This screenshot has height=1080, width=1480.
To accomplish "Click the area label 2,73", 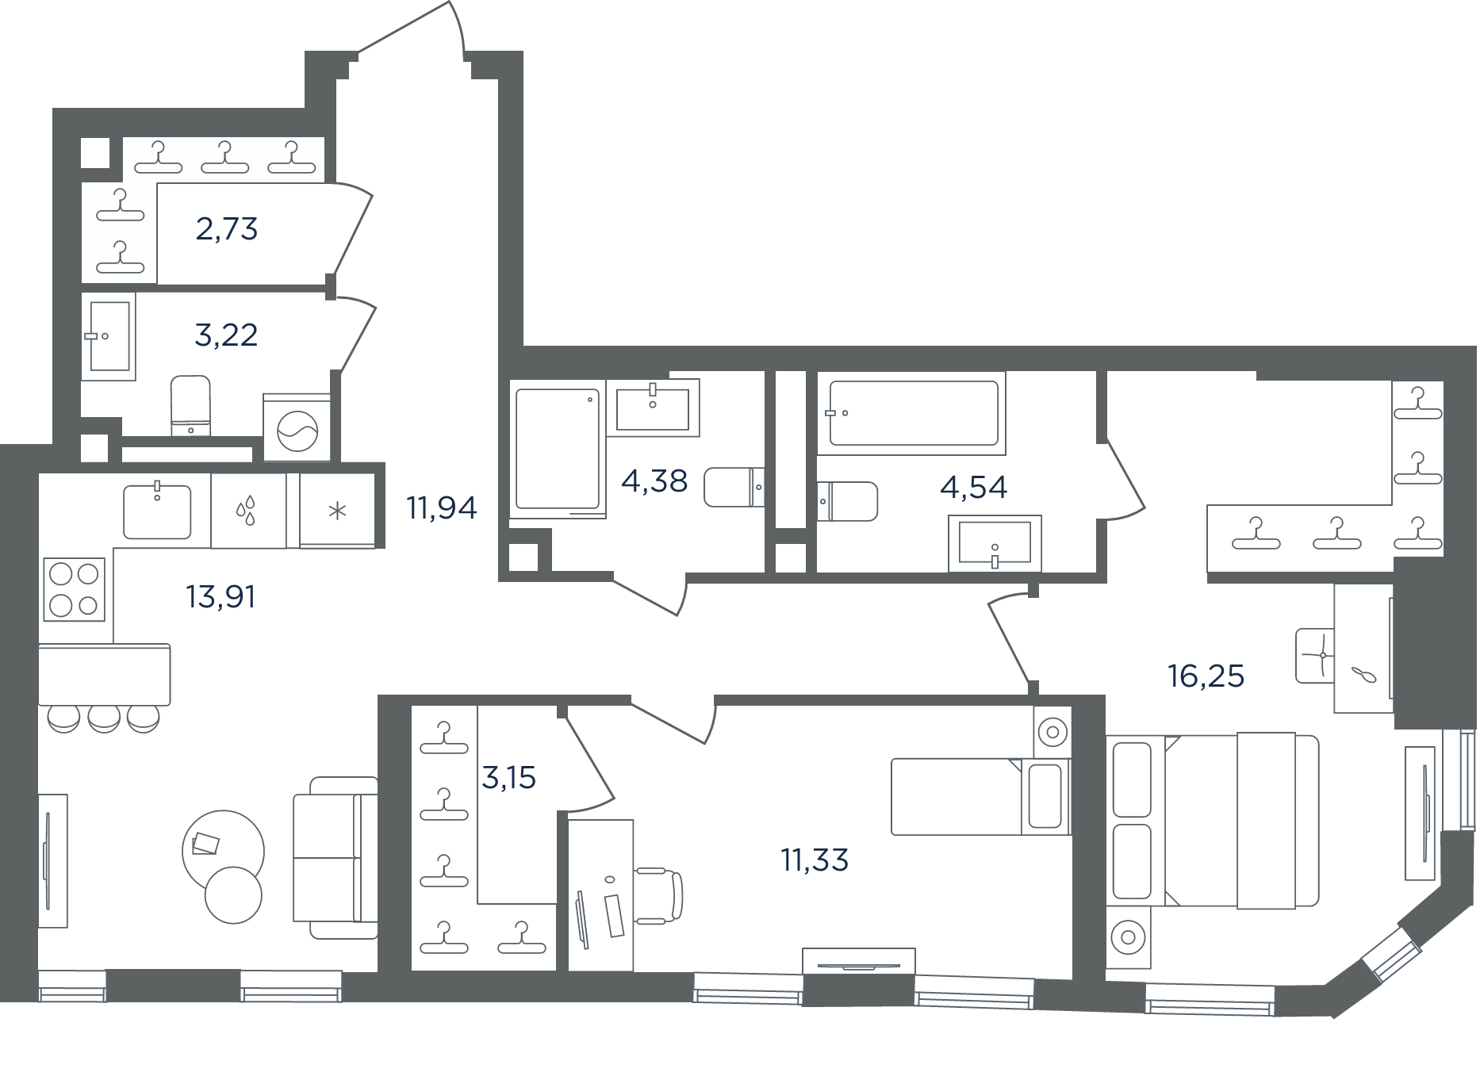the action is (x=227, y=229).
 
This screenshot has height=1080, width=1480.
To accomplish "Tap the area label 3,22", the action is (x=226, y=335).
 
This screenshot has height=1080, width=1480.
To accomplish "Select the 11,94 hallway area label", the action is (x=442, y=507).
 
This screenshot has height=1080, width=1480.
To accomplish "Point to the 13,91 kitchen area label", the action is (x=220, y=596).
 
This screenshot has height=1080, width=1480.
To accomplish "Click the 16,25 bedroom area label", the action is (x=1206, y=676).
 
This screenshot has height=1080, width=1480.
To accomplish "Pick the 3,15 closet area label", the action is (x=509, y=778).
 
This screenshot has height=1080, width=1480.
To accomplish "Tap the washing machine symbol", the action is (x=297, y=428).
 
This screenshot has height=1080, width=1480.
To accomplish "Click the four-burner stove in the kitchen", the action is (x=75, y=588).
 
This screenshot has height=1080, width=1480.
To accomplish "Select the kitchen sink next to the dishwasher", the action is (x=157, y=511).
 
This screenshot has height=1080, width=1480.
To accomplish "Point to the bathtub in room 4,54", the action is (x=912, y=413).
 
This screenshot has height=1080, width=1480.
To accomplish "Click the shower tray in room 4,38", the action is (x=558, y=448).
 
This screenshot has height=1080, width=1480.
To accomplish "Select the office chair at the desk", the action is (x=658, y=895).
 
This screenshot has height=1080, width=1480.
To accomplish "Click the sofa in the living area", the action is (x=335, y=857).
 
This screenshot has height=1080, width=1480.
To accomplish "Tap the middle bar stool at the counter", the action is (x=104, y=718).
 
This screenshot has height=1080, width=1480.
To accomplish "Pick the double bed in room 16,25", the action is (x=1213, y=820).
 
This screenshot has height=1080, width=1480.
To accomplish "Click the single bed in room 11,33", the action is (x=981, y=796).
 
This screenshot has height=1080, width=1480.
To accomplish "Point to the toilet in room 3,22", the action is (x=191, y=405).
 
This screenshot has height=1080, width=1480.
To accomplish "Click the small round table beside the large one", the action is (x=233, y=894).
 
